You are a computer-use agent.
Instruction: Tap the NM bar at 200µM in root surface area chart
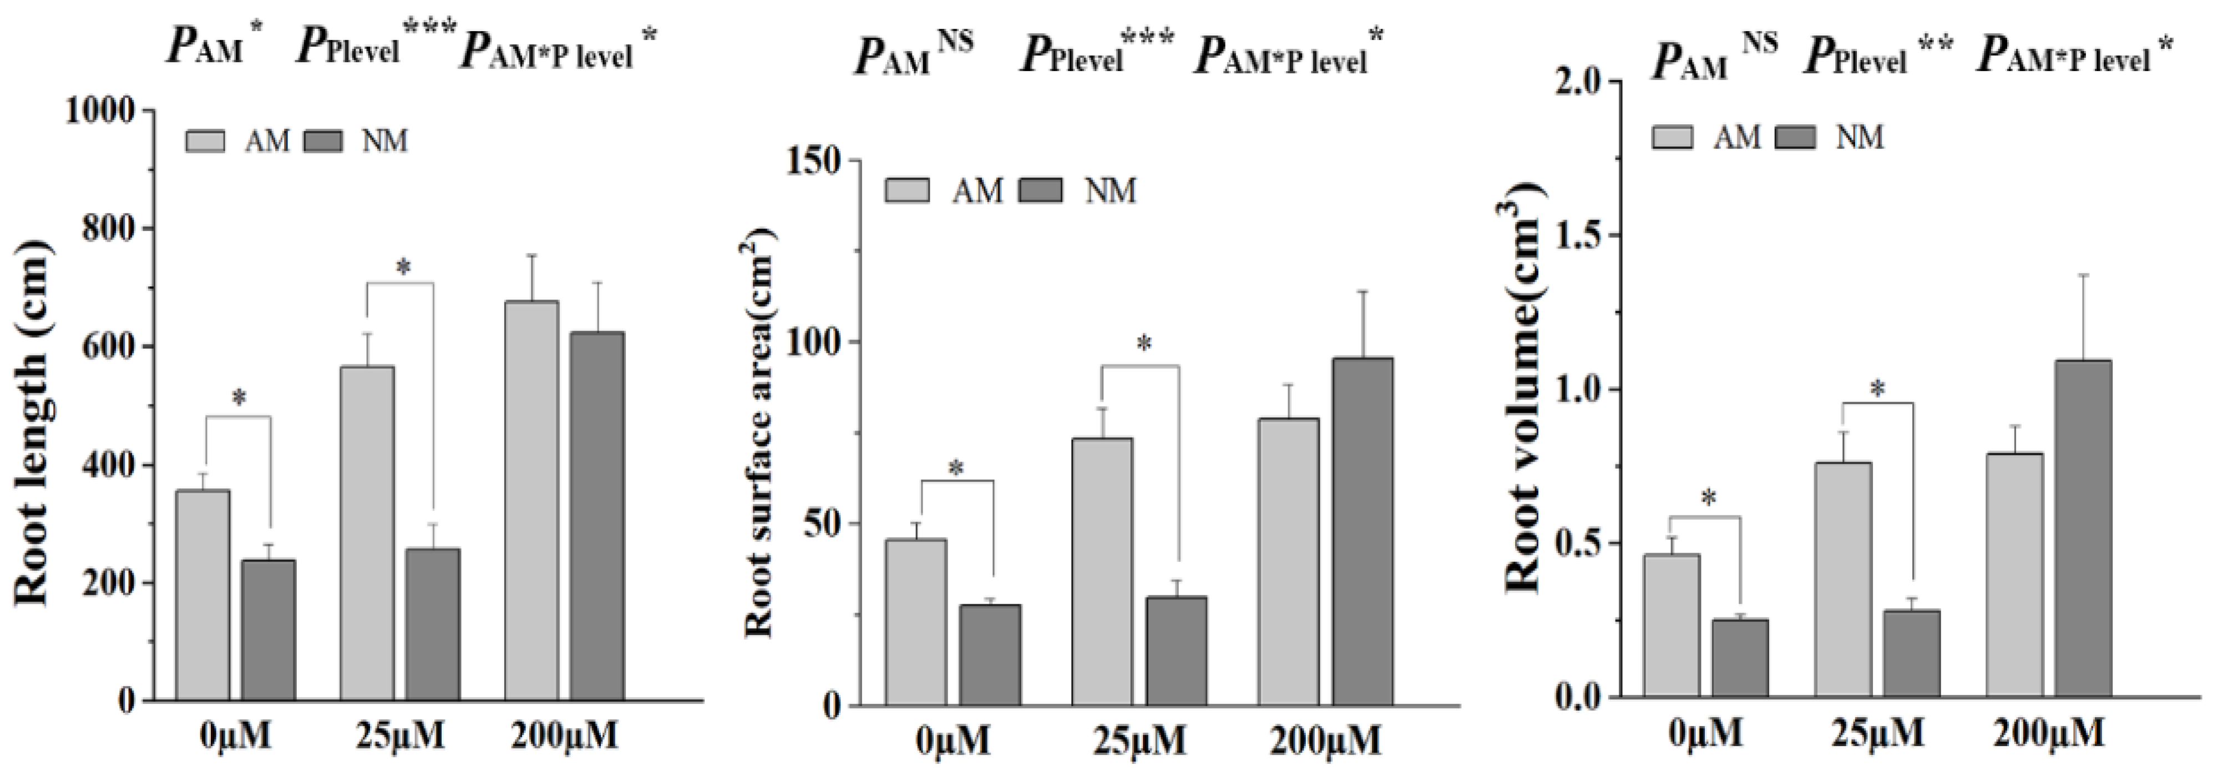click(1363, 531)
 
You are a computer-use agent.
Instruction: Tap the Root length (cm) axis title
click(33, 422)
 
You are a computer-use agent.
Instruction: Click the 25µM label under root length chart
click(399, 734)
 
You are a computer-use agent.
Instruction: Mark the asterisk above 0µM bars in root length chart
click(239, 398)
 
